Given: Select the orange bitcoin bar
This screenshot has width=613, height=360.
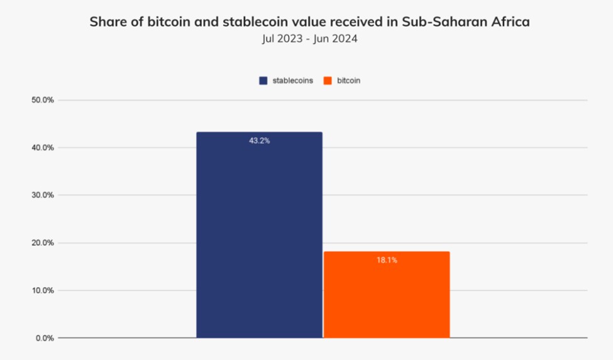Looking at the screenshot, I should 387,295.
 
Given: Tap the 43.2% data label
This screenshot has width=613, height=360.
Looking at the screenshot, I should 259,141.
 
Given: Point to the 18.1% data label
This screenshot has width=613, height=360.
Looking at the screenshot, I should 387,260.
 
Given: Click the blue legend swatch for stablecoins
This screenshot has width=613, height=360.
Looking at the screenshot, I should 263,81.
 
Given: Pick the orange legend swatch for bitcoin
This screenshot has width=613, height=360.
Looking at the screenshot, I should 327,81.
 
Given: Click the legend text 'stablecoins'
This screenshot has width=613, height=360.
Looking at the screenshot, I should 292,81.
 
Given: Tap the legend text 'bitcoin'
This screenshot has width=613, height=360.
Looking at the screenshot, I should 349,81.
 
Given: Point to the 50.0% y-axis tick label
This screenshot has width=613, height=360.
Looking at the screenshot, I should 43,100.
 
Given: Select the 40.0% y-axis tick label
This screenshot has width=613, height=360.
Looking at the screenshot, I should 43,148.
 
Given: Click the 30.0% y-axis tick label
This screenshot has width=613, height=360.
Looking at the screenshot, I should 43,195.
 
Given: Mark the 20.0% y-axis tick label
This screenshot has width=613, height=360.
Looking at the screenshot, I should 43,243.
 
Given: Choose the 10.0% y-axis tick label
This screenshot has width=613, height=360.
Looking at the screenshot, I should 43,290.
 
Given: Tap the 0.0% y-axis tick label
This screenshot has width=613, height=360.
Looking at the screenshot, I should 45,338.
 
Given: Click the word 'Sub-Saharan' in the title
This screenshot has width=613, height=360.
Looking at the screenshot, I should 449,22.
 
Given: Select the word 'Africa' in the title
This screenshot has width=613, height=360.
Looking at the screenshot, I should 510,22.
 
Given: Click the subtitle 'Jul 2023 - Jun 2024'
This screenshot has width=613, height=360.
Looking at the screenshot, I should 310,39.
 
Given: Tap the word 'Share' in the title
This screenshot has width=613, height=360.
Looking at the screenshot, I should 106,22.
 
